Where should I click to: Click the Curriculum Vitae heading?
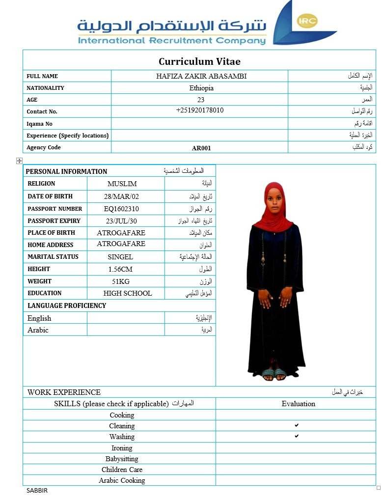pyautogui.click(x=199, y=61)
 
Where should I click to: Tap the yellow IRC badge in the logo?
pyautogui.click(x=307, y=21)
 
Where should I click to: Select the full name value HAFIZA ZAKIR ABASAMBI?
pyautogui.click(x=201, y=76)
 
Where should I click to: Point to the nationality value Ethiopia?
pyautogui.click(x=201, y=88)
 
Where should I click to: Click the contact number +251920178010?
pyautogui.click(x=200, y=111)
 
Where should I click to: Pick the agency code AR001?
pyautogui.click(x=201, y=148)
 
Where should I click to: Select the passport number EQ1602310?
pyautogui.click(x=121, y=209)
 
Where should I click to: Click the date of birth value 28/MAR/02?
pyautogui.click(x=121, y=196)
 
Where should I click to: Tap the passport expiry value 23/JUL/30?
pyautogui.click(x=121, y=221)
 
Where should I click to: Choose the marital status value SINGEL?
pyautogui.click(x=120, y=257)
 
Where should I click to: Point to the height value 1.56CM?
pyautogui.click(x=120, y=269)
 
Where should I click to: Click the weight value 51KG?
pyautogui.click(x=120, y=281)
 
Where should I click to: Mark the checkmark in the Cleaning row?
pyautogui.click(x=297, y=425)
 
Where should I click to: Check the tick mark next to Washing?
pyautogui.click(x=297, y=436)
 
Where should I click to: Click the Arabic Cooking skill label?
pyautogui.click(x=122, y=480)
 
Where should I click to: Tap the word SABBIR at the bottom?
pyautogui.click(x=37, y=490)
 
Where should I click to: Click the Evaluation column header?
pyautogui.click(x=298, y=404)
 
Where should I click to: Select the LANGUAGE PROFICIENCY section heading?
pyautogui.click(x=67, y=305)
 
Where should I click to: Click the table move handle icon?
pyautogui.click(x=19, y=161)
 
